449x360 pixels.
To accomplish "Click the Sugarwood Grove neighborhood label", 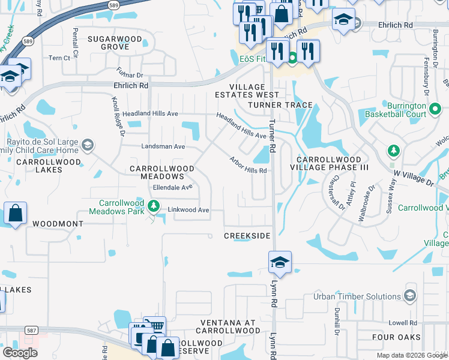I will [115, 43].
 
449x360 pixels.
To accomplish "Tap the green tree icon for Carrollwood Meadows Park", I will [154, 207].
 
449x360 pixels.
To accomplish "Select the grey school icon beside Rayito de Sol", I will [88, 145].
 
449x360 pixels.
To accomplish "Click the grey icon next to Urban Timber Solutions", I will [409, 296].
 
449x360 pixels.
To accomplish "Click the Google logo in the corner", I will [20, 353].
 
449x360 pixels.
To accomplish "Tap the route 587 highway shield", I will [32, 331].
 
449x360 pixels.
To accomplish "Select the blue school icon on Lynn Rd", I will [280, 263].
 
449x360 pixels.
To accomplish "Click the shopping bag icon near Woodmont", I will [15, 214].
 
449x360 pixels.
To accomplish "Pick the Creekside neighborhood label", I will [247, 236].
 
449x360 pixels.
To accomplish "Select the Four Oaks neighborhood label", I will [396, 338].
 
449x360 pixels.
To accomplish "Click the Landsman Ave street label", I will [163, 146].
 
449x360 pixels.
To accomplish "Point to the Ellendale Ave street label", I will [172, 187].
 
